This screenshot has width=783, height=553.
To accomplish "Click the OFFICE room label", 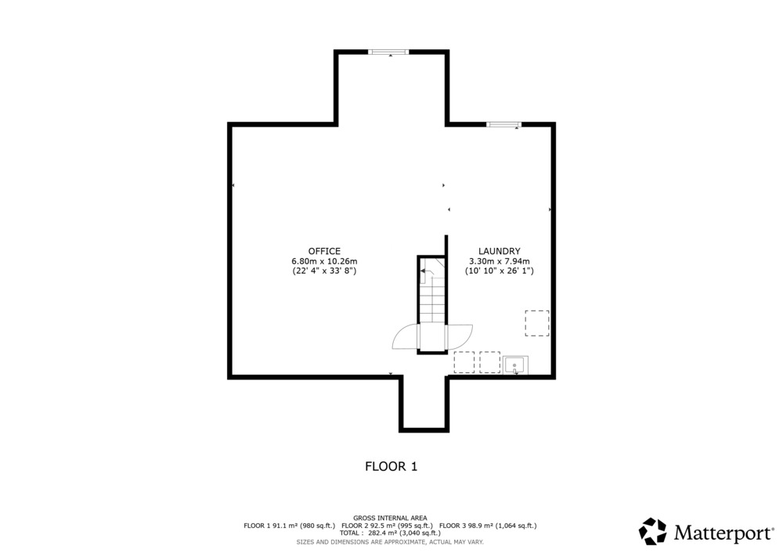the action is (324, 251).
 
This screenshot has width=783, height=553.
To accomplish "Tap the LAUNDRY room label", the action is (500, 251).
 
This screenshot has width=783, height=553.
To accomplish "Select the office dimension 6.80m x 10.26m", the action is (324, 261).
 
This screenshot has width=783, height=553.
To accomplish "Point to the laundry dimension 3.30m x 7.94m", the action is (500, 261).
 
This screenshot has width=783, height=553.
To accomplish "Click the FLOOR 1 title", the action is (391, 467).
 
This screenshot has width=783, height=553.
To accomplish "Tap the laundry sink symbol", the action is (515, 365).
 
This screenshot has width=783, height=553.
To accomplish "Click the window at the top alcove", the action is (388, 52).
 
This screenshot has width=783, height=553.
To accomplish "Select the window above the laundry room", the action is (503, 124).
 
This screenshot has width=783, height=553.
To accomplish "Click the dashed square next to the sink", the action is (490, 362).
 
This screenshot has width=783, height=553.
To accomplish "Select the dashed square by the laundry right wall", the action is (537, 323).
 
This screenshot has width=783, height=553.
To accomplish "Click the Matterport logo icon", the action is (653, 532).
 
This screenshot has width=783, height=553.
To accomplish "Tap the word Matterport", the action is (723, 533).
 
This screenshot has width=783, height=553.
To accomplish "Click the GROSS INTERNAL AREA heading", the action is (390, 518).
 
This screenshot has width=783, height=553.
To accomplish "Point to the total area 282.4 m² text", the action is (390, 533).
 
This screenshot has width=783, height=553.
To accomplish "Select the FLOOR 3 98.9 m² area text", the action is (488, 526).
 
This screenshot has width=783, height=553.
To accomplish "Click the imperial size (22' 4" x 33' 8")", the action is (324, 271).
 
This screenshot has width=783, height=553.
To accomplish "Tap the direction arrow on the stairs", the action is (425, 271).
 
